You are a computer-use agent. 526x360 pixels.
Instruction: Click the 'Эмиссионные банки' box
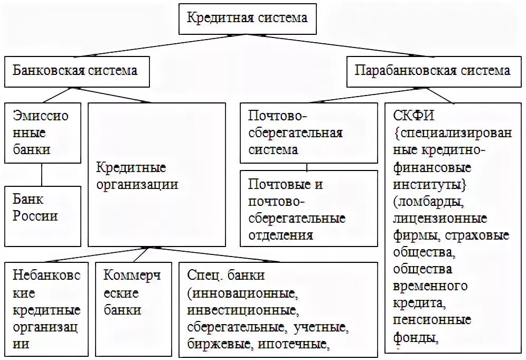pos(43,132)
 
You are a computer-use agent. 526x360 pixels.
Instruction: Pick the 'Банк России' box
pos(43,207)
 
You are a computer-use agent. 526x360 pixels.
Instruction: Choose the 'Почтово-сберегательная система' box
pos(308,132)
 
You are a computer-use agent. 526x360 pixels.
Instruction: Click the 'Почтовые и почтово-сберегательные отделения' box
pos(308,209)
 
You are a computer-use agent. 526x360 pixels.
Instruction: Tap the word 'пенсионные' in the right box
pos(432,320)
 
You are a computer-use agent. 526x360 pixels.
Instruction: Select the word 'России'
pos(36,215)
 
